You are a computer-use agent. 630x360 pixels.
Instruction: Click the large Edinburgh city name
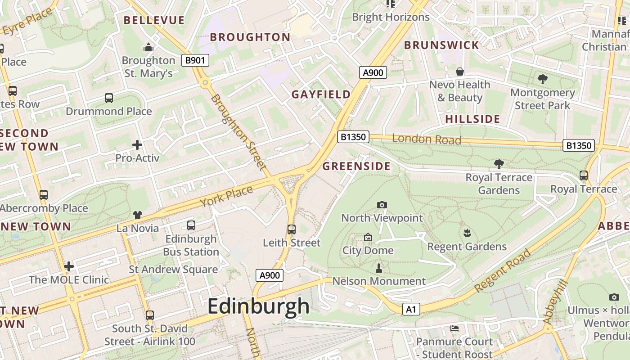[x=258, y=306]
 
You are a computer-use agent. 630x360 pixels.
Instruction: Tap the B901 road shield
[x=195, y=60]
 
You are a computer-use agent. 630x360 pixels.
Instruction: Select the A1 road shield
[x=411, y=309]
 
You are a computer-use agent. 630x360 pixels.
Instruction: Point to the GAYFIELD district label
[x=321, y=94]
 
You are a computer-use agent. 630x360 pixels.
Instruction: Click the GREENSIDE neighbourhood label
[x=356, y=166]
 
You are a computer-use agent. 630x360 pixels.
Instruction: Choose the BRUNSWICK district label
[x=441, y=45]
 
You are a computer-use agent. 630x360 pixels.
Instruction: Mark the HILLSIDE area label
[x=472, y=119]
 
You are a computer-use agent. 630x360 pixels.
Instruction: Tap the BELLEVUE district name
[x=154, y=20]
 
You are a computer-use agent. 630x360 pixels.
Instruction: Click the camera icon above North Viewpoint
[x=382, y=205]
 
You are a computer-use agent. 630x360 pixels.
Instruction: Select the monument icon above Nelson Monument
[x=379, y=268]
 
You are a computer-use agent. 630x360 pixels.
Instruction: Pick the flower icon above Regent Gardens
[x=467, y=233]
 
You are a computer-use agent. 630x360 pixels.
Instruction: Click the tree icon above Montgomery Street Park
[x=542, y=79]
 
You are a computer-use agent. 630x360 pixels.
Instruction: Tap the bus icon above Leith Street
[x=291, y=229]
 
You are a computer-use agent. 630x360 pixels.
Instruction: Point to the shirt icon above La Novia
[x=137, y=216]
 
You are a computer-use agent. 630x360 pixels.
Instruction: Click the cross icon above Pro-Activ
[x=137, y=145]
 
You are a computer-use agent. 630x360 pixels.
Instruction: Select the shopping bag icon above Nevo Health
[x=459, y=72]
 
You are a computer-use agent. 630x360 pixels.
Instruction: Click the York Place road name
[x=226, y=197]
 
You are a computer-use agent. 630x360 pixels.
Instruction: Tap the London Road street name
[x=427, y=139]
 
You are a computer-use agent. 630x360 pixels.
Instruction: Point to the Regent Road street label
[x=503, y=270]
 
